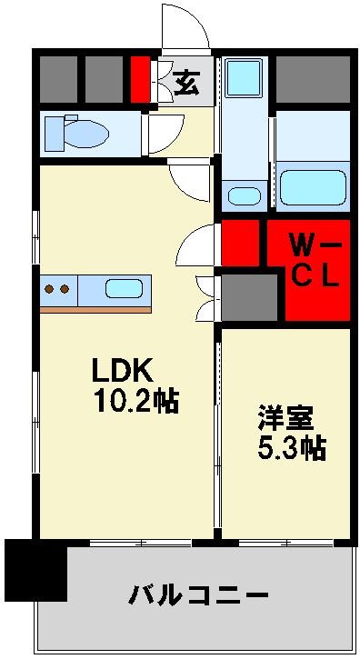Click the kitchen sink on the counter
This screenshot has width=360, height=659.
coord(124,290)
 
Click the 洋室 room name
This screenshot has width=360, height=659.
coord(285,420)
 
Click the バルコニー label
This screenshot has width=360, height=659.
coord(198,597)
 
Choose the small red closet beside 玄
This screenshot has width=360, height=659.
coord(139,81)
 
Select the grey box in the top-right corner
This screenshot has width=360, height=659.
coord(312,80)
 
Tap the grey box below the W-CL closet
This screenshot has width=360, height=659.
coord(250,295)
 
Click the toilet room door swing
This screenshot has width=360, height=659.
coord(164,135)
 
